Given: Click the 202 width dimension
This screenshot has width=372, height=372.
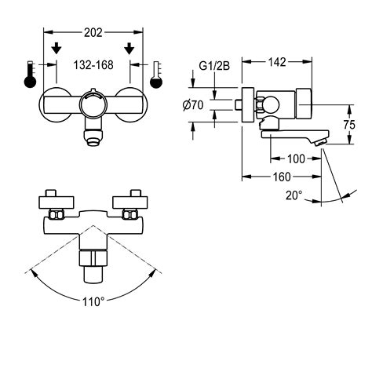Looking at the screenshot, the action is click(93, 33).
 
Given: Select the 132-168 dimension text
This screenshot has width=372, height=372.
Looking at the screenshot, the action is click(93, 65).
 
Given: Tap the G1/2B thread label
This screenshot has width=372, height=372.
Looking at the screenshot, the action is click(214, 66).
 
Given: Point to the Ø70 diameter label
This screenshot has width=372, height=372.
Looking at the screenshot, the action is click(193, 105).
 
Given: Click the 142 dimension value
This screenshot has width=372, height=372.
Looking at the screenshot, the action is click(277, 62).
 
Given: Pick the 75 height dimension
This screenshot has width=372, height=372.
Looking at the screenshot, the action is click(349, 125).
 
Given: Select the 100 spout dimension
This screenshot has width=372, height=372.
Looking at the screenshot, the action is click(296, 159).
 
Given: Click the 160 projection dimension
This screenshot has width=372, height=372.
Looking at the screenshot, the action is click(282, 177).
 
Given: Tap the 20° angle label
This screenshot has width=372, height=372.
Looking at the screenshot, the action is click(294, 195).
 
